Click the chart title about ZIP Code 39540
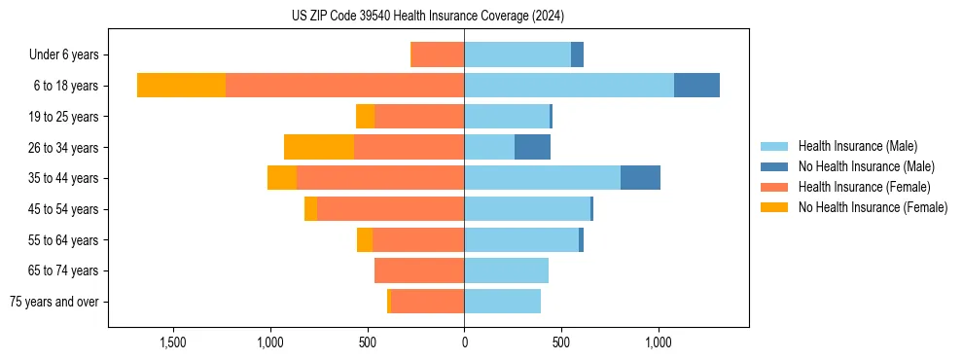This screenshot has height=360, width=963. (x=428, y=16)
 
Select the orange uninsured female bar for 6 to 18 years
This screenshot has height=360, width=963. (x=181, y=86)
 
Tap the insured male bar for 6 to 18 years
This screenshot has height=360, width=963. (x=569, y=86)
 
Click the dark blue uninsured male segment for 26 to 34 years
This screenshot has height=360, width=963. (x=532, y=147)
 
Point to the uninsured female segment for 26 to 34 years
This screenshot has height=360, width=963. (x=319, y=147)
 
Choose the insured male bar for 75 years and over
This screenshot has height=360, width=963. (x=502, y=302)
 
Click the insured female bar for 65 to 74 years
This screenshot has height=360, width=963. (x=419, y=270)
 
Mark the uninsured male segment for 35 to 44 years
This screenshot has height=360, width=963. (x=640, y=178)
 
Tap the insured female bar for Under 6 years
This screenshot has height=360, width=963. (x=438, y=54)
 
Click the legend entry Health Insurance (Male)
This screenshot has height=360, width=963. (x=857, y=146)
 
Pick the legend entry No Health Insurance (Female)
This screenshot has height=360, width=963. (x=873, y=207)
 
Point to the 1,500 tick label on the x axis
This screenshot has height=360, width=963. (x=172, y=343)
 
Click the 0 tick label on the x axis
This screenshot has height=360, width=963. (x=464, y=343)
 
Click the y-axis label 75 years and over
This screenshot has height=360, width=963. (x=54, y=302)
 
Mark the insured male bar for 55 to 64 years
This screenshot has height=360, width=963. (x=521, y=239)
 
